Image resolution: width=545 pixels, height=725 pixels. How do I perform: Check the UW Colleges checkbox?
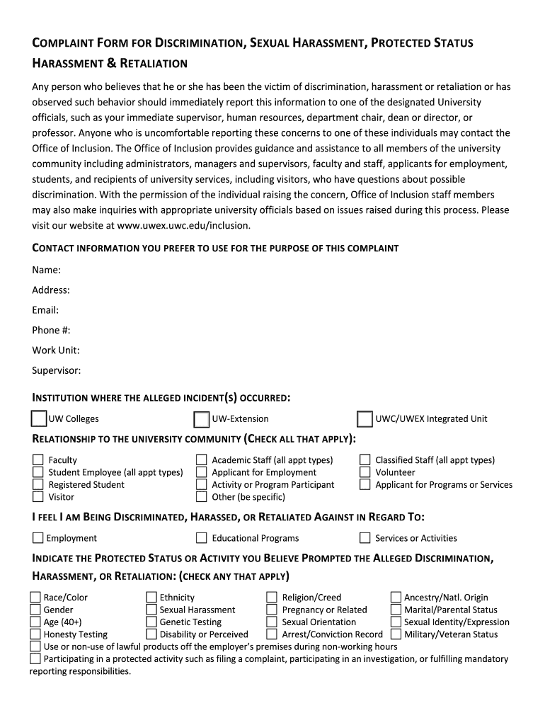(x=39, y=419)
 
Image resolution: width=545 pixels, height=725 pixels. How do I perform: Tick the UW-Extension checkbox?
(x=202, y=419)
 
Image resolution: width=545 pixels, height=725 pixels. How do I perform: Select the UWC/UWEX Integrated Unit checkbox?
(x=365, y=419)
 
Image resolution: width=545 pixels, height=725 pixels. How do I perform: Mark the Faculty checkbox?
(x=38, y=460)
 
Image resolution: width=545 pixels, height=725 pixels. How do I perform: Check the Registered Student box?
(x=38, y=485)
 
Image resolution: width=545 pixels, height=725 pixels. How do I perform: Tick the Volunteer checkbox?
(x=365, y=472)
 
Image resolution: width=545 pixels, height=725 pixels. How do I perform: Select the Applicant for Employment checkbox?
(x=202, y=472)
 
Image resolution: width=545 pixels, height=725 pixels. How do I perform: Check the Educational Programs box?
(x=202, y=538)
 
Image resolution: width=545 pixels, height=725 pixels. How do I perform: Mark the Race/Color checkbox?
(x=35, y=598)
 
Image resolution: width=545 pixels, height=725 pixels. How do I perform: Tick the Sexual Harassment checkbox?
(x=151, y=610)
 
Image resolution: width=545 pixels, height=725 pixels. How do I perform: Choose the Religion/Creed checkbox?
(x=272, y=598)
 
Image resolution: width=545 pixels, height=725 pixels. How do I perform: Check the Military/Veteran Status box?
(x=396, y=634)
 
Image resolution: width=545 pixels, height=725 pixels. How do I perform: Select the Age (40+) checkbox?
(x=35, y=622)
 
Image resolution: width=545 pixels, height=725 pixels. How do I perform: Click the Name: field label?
(x=46, y=270)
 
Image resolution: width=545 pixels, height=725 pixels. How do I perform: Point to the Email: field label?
(x=45, y=310)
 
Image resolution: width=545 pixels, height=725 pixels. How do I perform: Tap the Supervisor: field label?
(x=57, y=370)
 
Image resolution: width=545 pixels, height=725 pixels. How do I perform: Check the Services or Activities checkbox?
(x=365, y=538)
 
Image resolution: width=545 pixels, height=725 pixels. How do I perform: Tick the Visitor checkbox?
(x=38, y=497)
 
